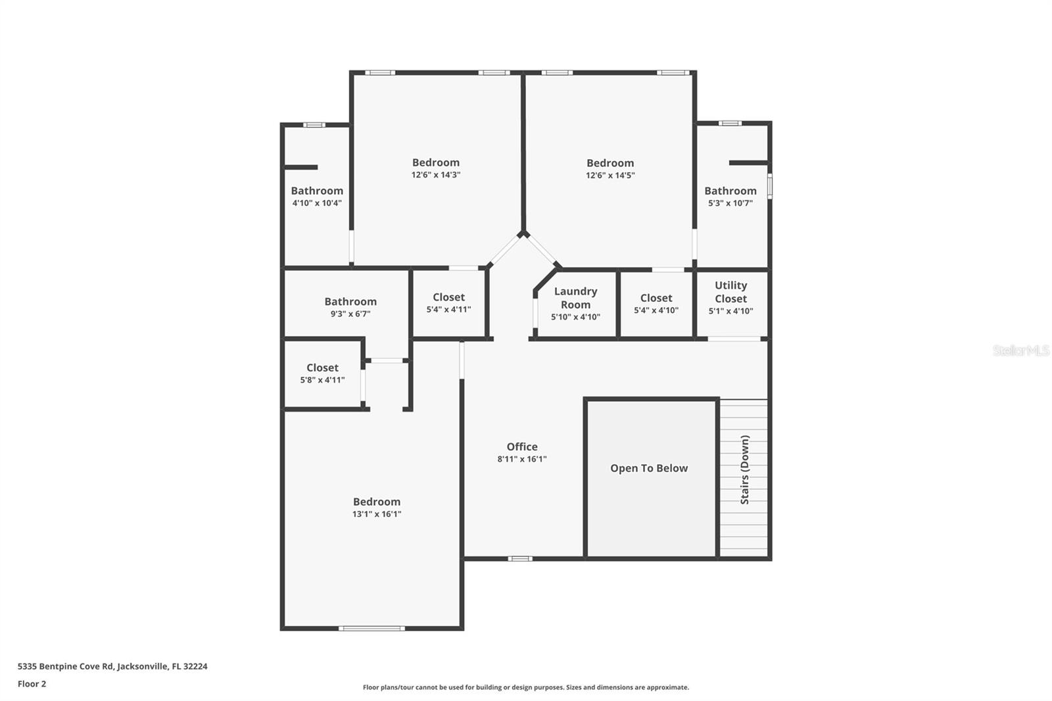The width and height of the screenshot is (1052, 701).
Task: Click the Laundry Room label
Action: tap(575, 298)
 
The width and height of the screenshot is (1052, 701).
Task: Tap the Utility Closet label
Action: tap(730, 292)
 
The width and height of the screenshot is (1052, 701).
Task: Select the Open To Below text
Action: tap(648, 468)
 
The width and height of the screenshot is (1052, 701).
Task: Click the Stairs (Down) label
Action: tap(745, 470)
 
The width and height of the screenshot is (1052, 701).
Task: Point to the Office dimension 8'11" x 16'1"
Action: tap(521, 459)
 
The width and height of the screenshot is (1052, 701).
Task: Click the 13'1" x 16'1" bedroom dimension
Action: tap(376, 514)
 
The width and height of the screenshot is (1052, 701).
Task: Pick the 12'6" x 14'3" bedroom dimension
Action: tap(435, 175)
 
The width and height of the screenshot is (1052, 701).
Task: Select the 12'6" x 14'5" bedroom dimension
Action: tap(610, 176)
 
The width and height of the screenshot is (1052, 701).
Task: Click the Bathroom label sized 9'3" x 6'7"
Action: tap(350, 302)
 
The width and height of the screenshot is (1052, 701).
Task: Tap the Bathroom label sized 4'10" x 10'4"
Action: tap(317, 191)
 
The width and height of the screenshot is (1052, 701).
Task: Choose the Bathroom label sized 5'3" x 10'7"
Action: tap(730, 191)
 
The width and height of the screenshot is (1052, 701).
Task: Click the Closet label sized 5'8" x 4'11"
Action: tap(322, 368)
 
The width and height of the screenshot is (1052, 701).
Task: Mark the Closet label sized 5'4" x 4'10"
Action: tap(656, 298)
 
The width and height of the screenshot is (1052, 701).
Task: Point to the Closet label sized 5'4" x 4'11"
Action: tap(448, 297)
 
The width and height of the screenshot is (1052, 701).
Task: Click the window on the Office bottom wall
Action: tap(519, 559)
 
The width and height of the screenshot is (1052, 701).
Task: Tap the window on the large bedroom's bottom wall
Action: tap(371, 629)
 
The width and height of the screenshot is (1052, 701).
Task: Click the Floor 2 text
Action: tap(32, 684)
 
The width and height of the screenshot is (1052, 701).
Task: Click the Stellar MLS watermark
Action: tap(1020, 350)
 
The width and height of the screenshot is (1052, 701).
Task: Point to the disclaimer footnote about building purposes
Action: tap(525, 687)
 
